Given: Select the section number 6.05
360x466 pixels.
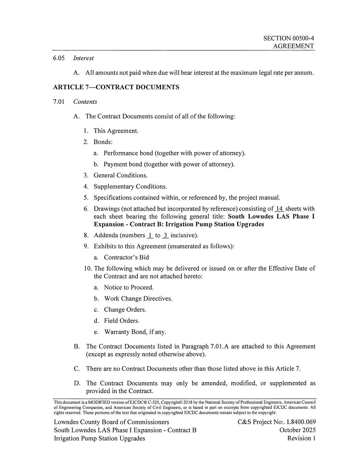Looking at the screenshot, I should pos(59,58).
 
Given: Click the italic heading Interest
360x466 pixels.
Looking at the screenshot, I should pos(83,58).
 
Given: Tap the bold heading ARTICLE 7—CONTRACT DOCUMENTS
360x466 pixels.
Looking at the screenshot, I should pos(116,87).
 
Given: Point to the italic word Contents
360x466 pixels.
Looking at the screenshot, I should pos(85,102).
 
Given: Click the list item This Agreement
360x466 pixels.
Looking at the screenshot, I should pos(116,131).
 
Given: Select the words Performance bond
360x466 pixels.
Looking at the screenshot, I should pos(121,153).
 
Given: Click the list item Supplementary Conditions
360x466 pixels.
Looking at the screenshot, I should pos(130,187).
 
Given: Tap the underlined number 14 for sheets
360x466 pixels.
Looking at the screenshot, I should pos(279,209).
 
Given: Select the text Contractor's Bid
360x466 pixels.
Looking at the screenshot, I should pos(126,258).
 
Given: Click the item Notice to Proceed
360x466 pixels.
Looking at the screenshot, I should pos(129,288).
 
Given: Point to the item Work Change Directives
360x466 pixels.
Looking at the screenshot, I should pos(138,299).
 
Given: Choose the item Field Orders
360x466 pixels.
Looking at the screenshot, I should pos(122,321).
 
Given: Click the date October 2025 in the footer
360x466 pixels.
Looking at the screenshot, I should pos(297,430).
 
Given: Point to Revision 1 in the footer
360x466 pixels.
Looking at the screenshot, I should pos(301,438).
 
